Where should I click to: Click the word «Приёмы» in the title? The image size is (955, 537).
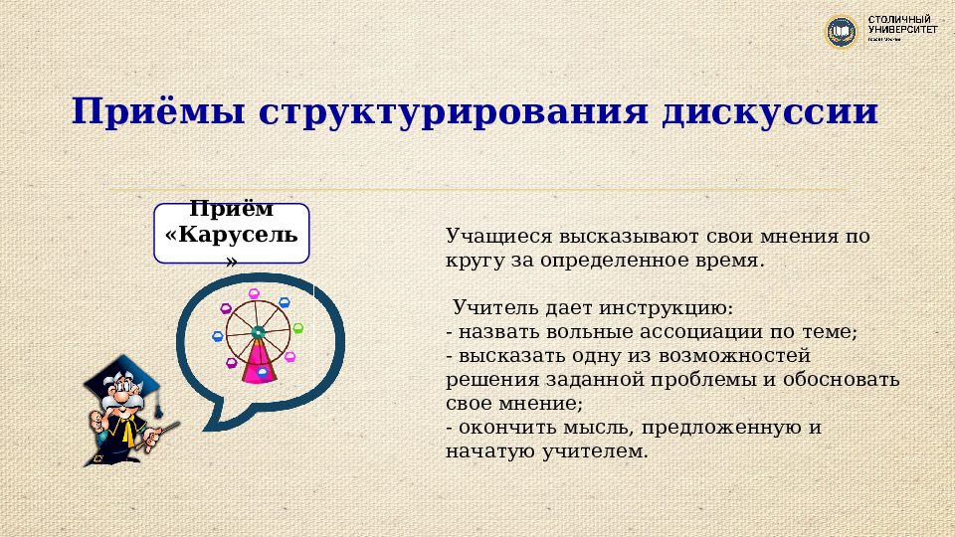[x=159, y=111]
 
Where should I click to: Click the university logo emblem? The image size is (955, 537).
[x=842, y=32]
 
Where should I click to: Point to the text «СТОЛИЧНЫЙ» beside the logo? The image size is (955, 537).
[x=901, y=20]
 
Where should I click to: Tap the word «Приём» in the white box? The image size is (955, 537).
[x=232, y=211]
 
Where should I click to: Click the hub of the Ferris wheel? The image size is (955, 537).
[x=258, y=331]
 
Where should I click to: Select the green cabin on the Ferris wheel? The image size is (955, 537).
[x=297, y=328]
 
